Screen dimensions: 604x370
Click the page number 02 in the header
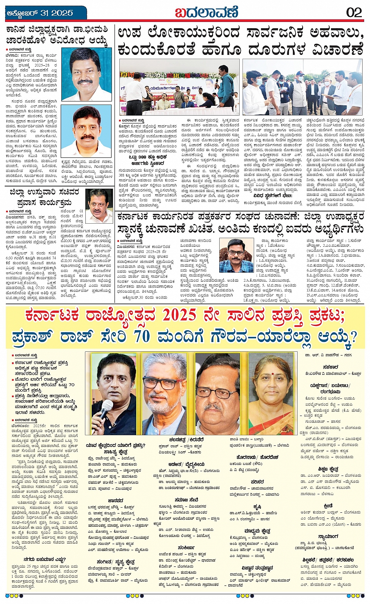click(x=354, y=12)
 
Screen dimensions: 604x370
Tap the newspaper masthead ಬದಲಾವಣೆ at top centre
click(x=206, y=12)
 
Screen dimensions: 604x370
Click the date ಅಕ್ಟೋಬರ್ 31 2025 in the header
click(x=40, y=13)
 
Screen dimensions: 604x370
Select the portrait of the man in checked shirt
click(x=236, y=255)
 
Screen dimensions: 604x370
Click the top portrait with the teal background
click(x=87, y=75)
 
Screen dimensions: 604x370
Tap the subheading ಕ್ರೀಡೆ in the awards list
click(x=328, y=506)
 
